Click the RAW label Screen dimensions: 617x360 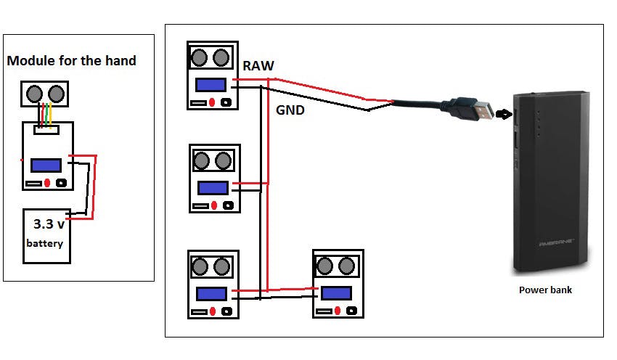[258, 66]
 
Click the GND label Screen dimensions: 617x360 [290, 110]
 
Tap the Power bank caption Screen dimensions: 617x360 [545, 290]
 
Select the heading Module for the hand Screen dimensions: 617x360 [72, 60]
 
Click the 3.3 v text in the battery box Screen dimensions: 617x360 [49, 224]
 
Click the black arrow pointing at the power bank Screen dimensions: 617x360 [503, 114]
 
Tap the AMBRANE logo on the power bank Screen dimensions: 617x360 [557, 243]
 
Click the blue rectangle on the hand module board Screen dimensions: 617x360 [46, 165]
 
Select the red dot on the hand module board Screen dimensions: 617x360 [47, 183]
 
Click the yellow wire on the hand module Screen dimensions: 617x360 [51, 115]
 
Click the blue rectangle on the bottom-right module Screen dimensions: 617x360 [336, 293]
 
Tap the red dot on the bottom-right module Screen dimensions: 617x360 [338, 311]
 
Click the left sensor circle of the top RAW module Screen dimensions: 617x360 [199, 57]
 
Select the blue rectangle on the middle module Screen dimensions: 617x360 [213, 188]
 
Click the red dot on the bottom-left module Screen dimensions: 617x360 [213, 311]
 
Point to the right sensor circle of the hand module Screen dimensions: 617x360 [56, 94]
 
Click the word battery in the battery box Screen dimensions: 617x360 [44, 244]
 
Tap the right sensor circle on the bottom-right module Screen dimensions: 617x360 [346, 266]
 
